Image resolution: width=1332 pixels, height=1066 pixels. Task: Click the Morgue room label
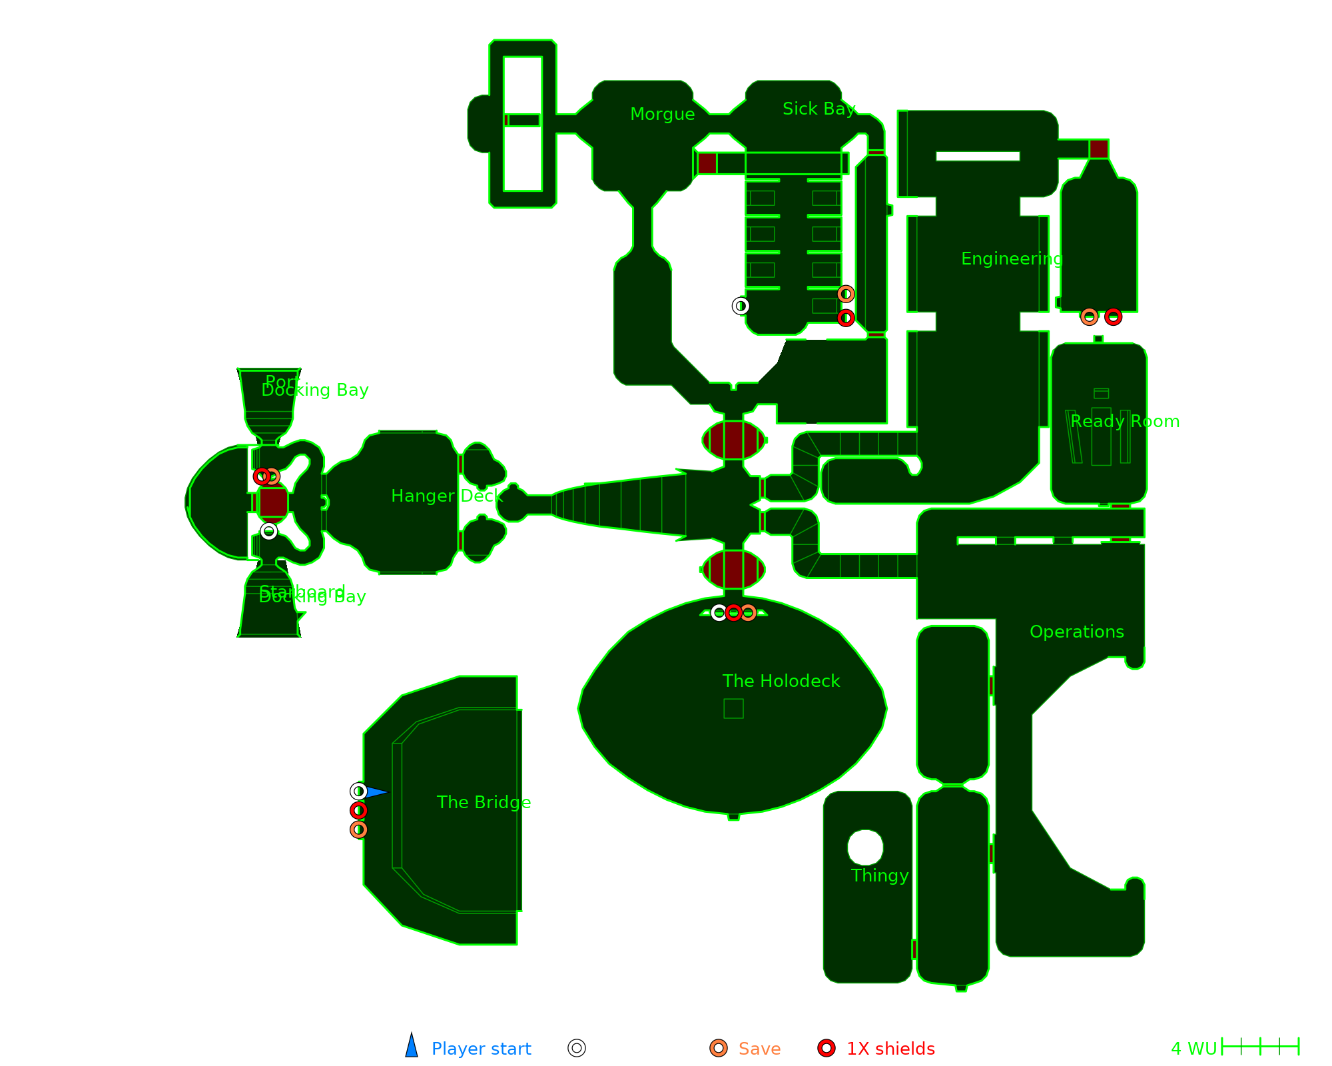[x=662, y=115]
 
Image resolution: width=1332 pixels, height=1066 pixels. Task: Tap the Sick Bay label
[x=819, y=109]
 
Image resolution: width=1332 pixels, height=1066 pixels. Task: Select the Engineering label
[x=1012, y=259]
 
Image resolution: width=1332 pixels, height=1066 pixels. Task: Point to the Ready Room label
[x=1125, y=422]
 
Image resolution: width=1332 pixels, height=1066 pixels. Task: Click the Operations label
[x=1076, y=632]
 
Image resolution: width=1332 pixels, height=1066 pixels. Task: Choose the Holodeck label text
[x=781, y=682]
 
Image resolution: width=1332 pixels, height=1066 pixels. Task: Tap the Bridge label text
[x=484, y=803]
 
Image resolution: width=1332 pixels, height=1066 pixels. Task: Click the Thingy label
[x=879, y=876]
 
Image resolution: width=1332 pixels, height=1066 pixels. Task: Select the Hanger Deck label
[x=446, y=496]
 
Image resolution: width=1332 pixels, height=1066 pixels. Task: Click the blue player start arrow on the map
[x=376, y=792]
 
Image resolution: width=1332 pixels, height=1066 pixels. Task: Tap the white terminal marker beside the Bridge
[x=359, y=792]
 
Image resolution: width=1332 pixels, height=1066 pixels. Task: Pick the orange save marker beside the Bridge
[x=359, y=829]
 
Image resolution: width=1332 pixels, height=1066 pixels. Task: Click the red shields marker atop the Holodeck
[x=733, y=612]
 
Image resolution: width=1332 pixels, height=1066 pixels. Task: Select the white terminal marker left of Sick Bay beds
[x=741, y=306]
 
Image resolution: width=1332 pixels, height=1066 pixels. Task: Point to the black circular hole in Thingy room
[x=865, y=847]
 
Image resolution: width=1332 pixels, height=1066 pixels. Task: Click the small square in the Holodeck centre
[x=733, y=708]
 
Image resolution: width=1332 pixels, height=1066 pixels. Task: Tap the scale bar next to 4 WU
[x=1261, y=1047]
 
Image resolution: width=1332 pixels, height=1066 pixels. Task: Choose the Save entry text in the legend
[x=759, y=1049]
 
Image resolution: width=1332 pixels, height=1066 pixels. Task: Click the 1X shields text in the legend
[x=890, y=1049]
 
